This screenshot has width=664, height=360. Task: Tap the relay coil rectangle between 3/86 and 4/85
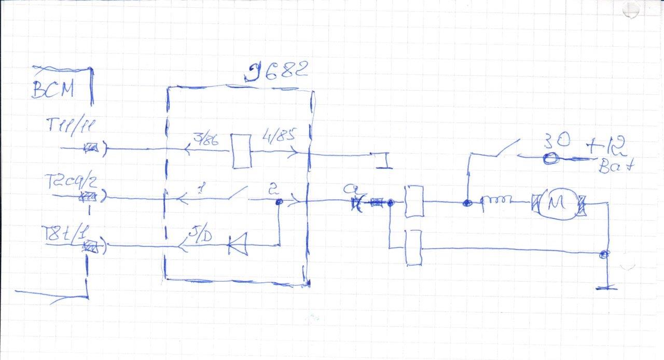pyautogui.click(x=242, y=151)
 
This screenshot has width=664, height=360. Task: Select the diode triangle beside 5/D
pyautogui.click(x=237, y=244)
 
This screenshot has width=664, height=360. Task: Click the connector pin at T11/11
pyautogui.click(x=93, y=149)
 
